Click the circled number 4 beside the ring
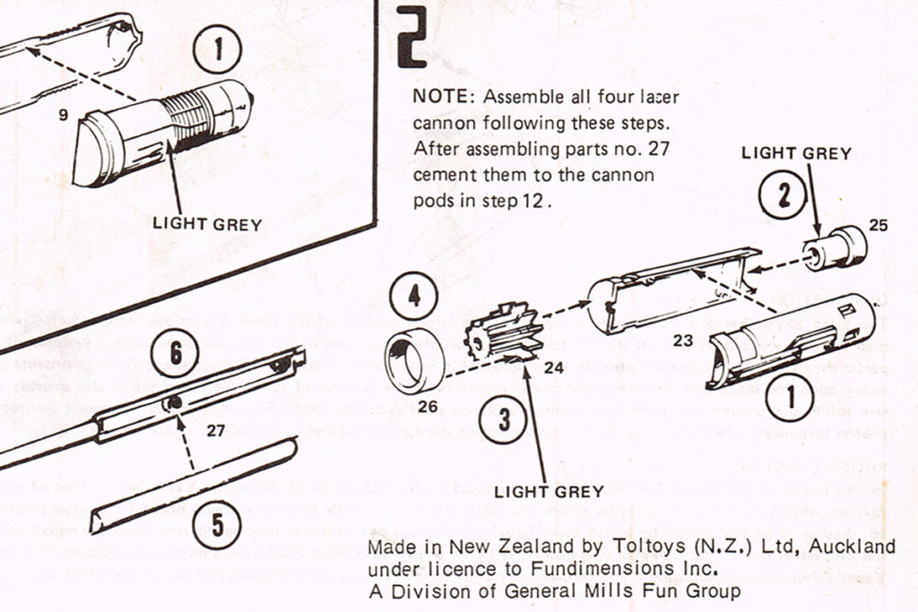click(412, 298)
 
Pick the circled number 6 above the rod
click(176, 355)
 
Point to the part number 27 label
click(215, 430)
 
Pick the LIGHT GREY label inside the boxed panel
click(207, 224)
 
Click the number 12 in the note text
click(530, 201)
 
